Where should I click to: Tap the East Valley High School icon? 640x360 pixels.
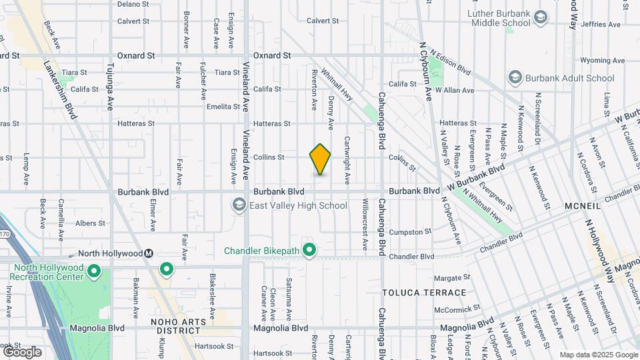239,205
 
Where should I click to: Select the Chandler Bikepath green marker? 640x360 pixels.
309,251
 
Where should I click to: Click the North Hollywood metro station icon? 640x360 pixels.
149,253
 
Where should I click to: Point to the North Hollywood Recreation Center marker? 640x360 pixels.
94,272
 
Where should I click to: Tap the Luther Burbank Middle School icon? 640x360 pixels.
540,17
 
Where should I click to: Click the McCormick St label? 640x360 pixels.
457,309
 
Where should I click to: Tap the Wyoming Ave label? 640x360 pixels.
602,60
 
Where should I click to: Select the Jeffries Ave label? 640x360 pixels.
602,24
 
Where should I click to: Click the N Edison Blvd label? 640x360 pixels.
450,62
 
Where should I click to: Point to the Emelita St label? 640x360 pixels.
223,107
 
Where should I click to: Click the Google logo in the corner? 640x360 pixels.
21,351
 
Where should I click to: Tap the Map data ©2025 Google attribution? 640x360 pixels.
597,355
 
